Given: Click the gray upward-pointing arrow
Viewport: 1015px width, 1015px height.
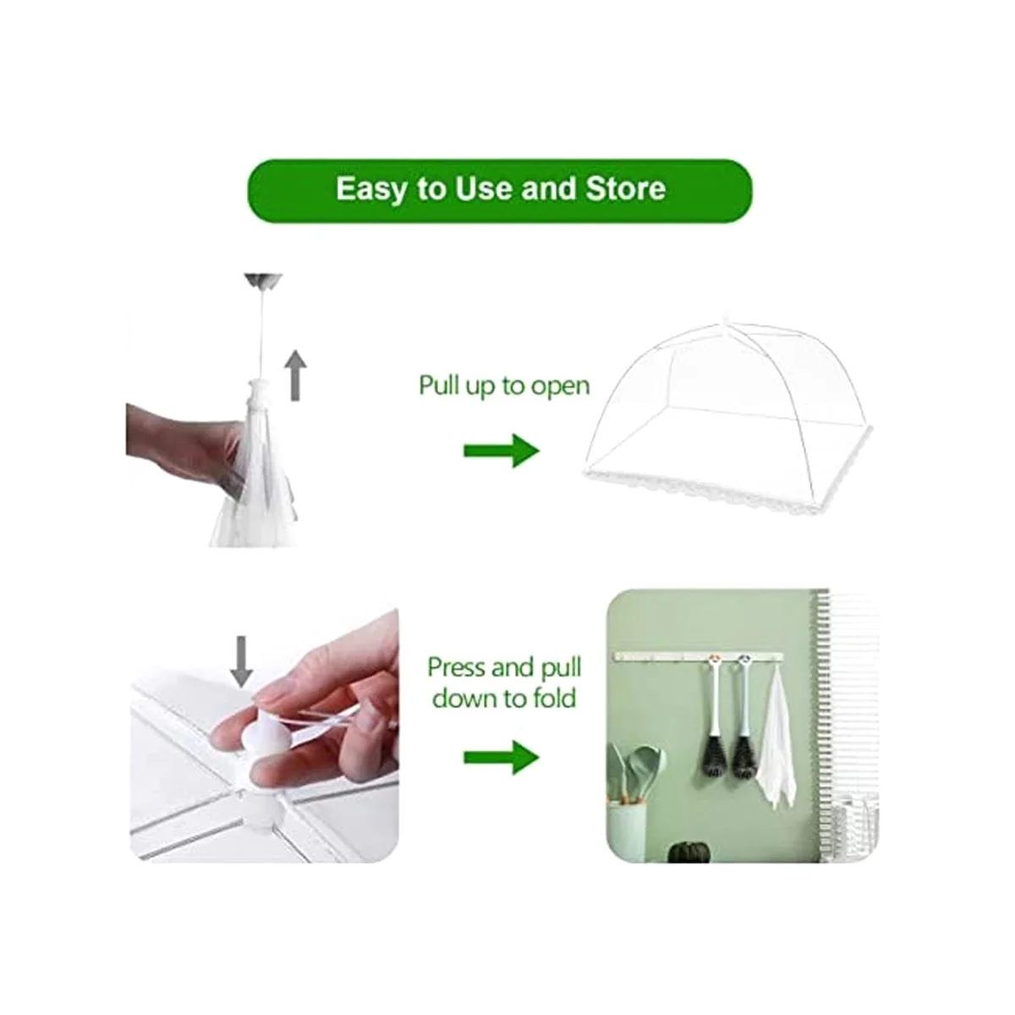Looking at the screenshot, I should pos(294,376).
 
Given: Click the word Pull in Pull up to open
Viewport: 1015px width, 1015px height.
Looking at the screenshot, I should pos(440,386).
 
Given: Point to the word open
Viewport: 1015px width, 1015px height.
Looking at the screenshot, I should pos(560,387).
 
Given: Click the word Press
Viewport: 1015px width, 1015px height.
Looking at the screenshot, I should pos(458,668).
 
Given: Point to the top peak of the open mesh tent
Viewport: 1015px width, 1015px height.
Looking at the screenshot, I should pos(724,322).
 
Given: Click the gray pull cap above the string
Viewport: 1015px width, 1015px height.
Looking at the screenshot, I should pos(263,280).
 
